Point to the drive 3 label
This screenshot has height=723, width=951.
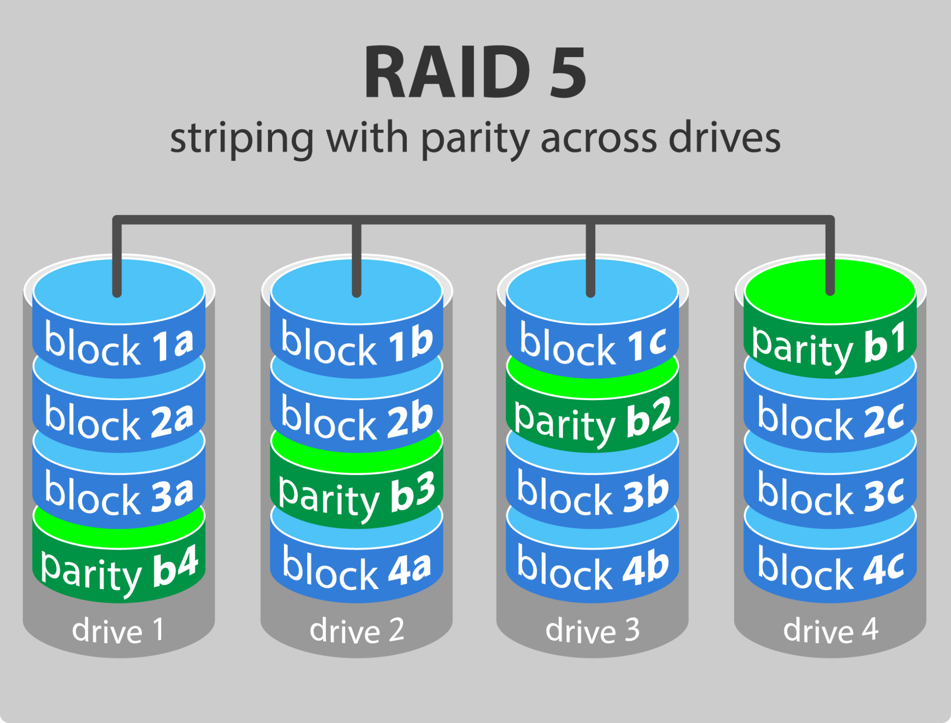click(593, 631)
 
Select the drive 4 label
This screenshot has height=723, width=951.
click(830, 631)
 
